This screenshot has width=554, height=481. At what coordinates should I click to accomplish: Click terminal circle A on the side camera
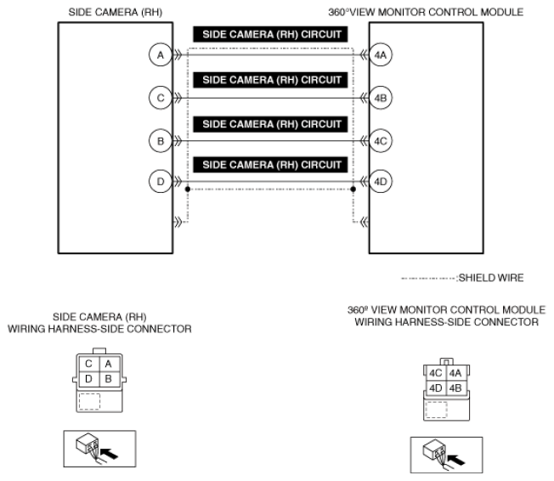click(x=158, y=56)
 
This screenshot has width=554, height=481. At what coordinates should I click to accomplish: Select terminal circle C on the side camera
click(x=158, y=99)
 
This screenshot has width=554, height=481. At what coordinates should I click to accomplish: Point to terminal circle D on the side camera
click(x=158, y=182)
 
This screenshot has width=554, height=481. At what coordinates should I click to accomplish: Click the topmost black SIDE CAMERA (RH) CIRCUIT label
click(x=271, y=37)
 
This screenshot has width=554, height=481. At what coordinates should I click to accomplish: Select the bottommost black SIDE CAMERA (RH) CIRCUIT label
click(x=271, y=163)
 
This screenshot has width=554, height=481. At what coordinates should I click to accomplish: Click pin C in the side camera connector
click(x=88, y=364)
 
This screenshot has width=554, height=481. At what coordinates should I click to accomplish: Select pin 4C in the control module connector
click(x=433, y=372)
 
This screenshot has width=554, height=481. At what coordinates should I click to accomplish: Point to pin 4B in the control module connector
click(x=454, y=388)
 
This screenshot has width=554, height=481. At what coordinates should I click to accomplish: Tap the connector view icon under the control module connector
click(x=445, y=452)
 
